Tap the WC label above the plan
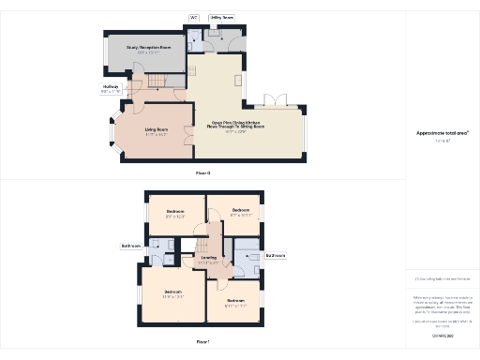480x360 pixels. [194, 17]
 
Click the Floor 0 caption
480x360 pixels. [202, 173]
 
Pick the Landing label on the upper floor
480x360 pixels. [209, 257]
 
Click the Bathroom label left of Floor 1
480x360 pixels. [130, 247]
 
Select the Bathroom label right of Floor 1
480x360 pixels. [276, 255]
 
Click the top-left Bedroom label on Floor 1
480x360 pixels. [175, 211]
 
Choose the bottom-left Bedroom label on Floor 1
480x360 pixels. [173, 292]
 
